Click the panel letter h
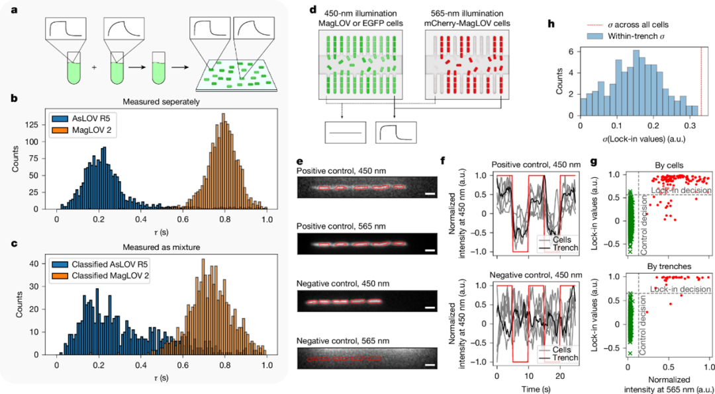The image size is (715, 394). tap(551, 24)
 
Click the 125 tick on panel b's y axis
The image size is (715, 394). tap(45, 136)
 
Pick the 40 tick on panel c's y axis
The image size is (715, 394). tap(48, 264)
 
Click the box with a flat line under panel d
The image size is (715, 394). tap(345, 133)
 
